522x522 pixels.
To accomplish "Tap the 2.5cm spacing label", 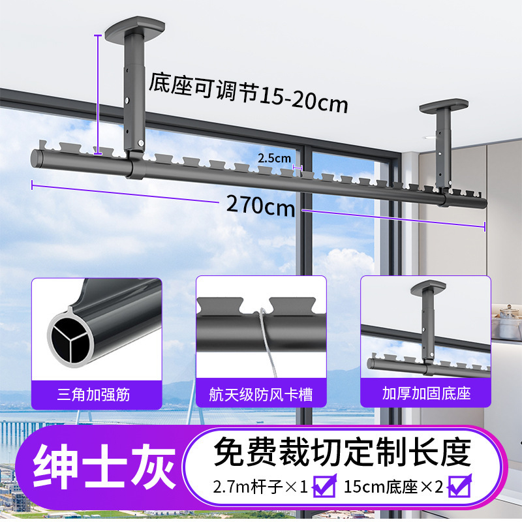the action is (274, 158).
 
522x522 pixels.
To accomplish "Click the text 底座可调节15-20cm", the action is (249, 93).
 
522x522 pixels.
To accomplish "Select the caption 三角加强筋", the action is (97, 393).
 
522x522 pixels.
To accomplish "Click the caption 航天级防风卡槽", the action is (261, 393).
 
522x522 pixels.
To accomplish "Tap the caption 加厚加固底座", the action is (425, 393).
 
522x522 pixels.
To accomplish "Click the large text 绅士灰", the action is (104, 468).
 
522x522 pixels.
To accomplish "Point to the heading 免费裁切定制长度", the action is (343, 450).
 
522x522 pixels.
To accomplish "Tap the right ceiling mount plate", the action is (444, 104).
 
